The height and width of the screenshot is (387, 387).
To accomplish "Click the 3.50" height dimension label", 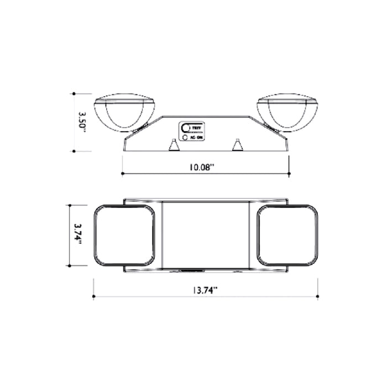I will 82,121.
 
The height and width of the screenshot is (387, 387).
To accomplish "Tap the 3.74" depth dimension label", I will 78,235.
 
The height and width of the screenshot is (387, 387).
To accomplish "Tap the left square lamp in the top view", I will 124,235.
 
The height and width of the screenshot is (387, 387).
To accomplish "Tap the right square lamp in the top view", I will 287,235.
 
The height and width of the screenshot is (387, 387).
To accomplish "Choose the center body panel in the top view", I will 206,235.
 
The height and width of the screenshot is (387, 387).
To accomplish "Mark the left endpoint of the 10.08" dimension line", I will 122,174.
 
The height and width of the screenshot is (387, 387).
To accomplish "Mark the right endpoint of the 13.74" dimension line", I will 317,297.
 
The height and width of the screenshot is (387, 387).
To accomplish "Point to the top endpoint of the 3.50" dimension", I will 74,94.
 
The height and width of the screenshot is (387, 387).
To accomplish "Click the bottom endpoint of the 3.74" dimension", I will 69,266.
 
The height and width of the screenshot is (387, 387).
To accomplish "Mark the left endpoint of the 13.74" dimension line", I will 93,297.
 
